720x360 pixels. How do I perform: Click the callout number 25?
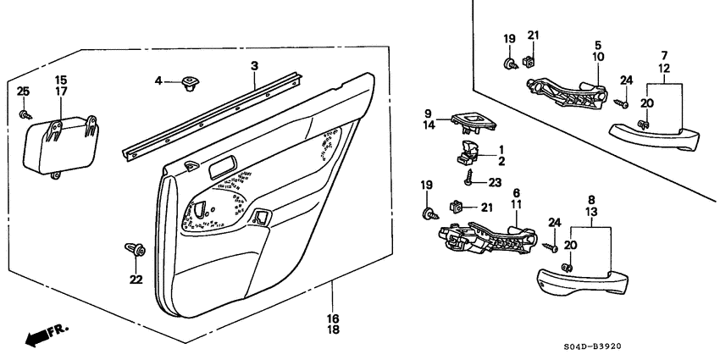point(23,91)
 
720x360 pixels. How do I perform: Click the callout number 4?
point(158,81)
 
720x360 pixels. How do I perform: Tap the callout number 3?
point(253,65)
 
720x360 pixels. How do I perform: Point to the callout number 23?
point(494,181)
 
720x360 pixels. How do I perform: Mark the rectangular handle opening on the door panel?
point(224,164)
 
